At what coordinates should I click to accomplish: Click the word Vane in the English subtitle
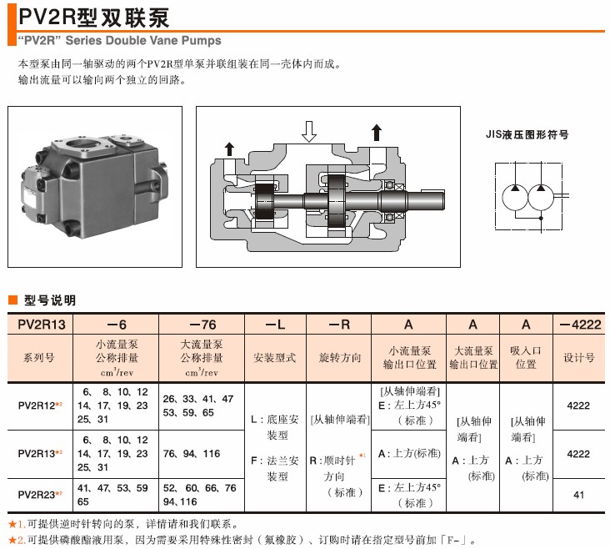point(157,40)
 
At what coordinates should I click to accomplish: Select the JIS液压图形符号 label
point(527,133)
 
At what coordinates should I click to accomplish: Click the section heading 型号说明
point(49,300)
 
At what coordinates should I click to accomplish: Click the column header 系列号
point(39,357)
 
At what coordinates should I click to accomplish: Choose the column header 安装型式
point(275,357)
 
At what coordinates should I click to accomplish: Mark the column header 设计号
point(579,357)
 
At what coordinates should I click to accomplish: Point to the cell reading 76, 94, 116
point(192,454)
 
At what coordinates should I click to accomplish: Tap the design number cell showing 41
point(579,495)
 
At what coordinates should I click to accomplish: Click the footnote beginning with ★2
point(242,541)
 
